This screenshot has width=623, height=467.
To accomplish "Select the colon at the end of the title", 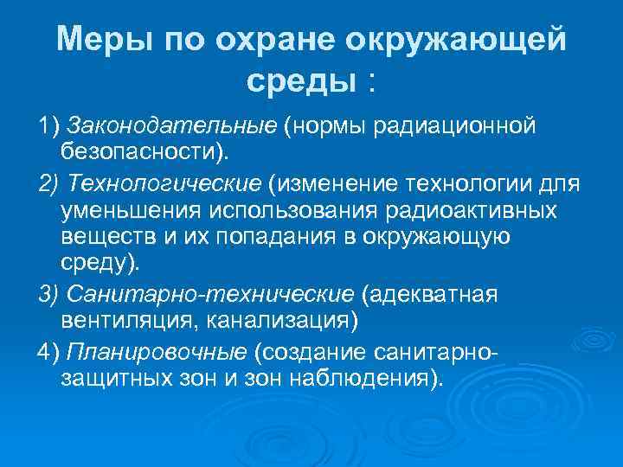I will pyautogui.click(x=372, y=83).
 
